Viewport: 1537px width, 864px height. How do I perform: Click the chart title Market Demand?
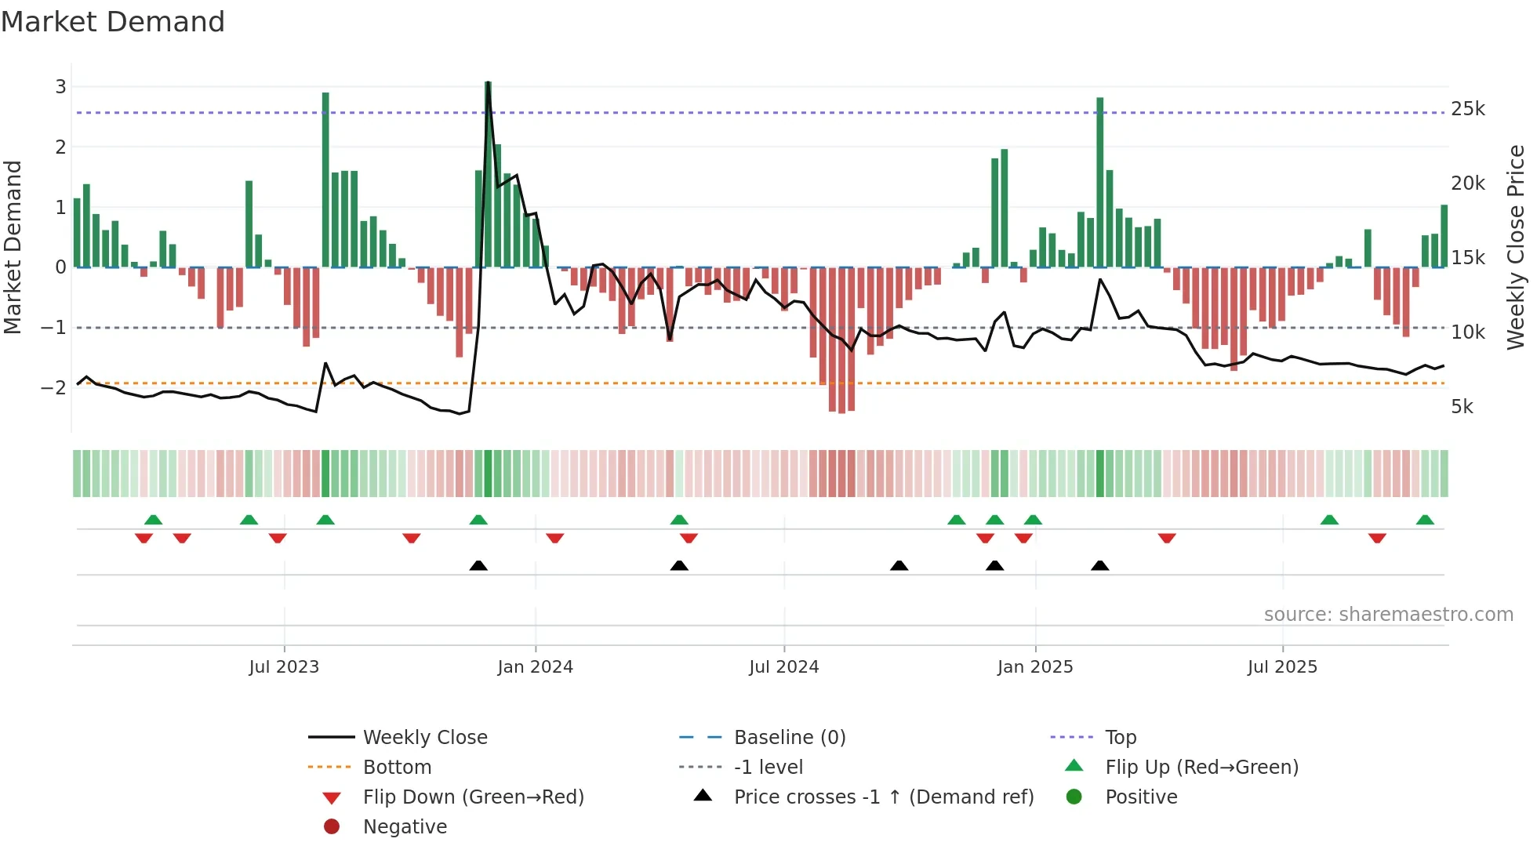click(113, 22)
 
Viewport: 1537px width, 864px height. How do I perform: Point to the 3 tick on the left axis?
click(60, 87)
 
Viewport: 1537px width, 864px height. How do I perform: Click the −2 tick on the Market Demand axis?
click(53, 387)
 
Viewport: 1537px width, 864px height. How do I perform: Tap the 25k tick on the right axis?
click(1467, 109)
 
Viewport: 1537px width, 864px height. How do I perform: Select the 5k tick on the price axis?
click(1462, 407)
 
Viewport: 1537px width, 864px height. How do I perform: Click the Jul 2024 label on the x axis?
click(783, 667)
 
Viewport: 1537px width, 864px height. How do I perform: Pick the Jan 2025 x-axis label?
click(1034, 667)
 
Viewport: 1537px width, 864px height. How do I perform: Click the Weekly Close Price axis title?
click(1515, 247)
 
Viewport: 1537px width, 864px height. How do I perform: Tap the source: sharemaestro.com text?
click(1388, 615)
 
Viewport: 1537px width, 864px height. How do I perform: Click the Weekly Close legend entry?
click(424, 738)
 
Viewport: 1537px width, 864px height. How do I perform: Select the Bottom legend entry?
click(397, 768)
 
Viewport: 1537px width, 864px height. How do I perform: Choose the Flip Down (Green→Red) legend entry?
click(473, 797)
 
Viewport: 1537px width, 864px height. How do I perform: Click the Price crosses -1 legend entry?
click(883, 797)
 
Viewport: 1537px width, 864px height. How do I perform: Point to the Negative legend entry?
click(405, 827)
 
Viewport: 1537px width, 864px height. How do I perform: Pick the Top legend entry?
click(1120, 738)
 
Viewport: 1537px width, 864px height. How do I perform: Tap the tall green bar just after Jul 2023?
click(325, 180)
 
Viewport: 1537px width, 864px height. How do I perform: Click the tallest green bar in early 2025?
click(1100, 182)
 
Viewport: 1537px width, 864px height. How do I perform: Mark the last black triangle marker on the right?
click(1100, 565)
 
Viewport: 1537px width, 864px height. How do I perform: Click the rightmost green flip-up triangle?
click(1425, 520)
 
